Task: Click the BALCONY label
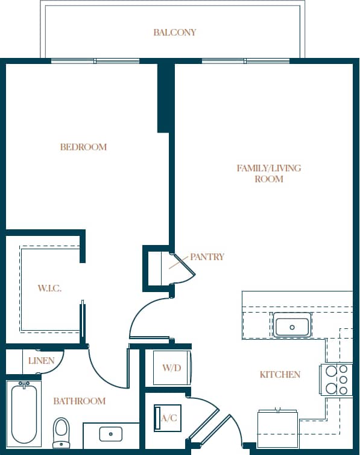(174, 32)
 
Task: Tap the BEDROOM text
(83, 147)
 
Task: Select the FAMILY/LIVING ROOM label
(268, 173)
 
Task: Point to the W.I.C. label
(49, 288)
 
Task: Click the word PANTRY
(207, 256)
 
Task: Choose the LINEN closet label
(41, 361)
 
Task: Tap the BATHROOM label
(79, 401)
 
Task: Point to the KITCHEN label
(280, 375)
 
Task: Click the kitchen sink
(292, 326)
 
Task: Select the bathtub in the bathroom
(24, 413)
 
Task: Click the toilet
(62, 432)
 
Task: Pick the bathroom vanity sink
(111, 433)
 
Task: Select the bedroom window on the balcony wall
(95, 60)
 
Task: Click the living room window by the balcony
(245, 60)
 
